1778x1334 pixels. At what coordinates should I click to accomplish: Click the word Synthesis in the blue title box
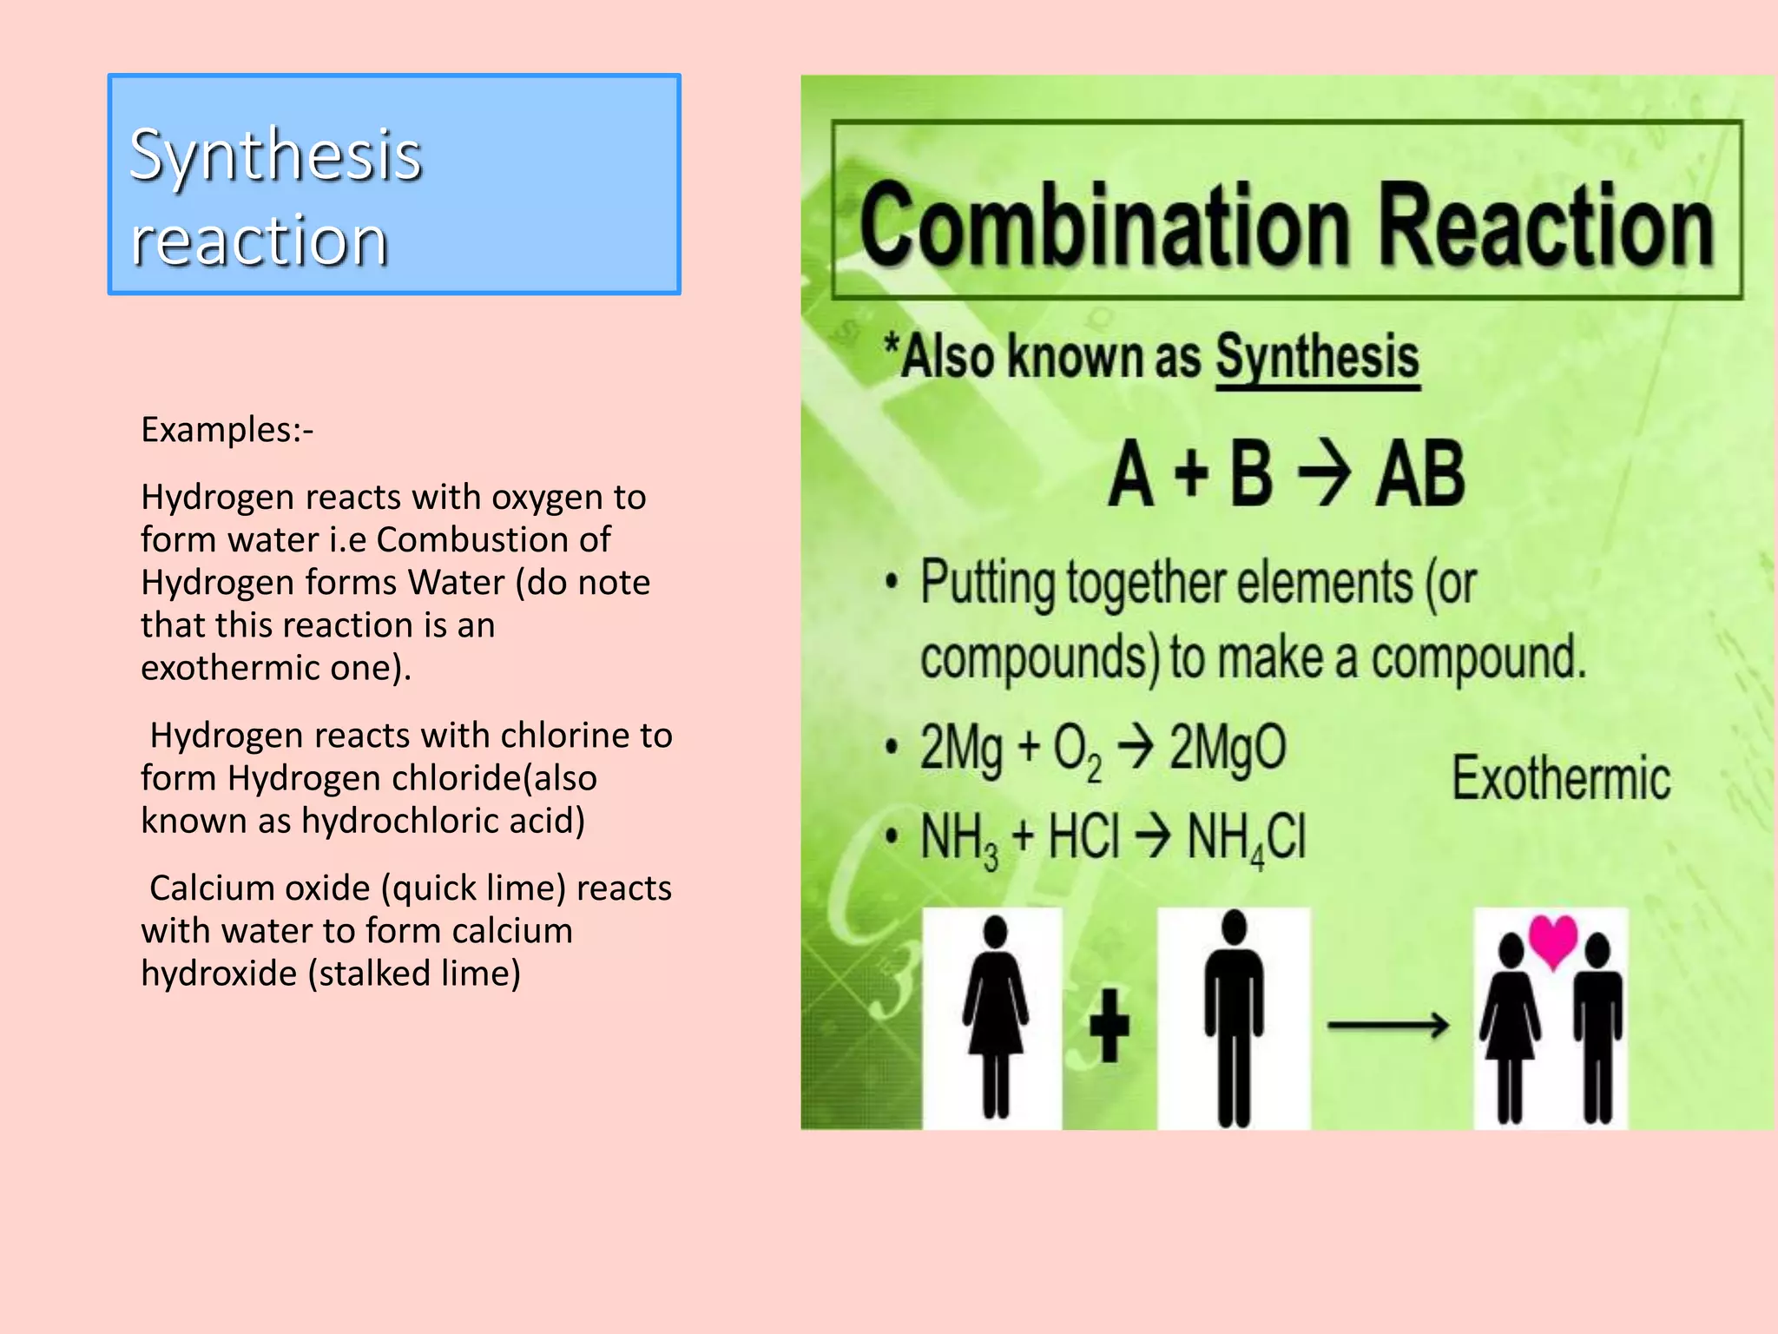(x=275, y=156)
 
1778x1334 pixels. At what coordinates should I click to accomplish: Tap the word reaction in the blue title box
(x=259, y=241)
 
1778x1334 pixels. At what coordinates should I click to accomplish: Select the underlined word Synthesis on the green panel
(x=1316, y=357)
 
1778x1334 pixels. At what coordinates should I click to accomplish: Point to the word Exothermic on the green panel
(x=1561, y=778)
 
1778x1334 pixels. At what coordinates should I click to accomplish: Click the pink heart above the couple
(x=1552, y=941)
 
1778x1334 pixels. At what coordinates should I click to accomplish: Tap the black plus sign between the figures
(x=1109, y=1026)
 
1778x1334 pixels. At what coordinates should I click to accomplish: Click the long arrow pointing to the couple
(x=1387, y=1026)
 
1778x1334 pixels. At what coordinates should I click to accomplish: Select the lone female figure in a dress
(x=995, y=1016)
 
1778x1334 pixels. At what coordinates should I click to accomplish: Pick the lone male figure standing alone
(x=1233, y=1016)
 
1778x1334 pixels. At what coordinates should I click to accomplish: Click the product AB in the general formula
(x=1420, y=474)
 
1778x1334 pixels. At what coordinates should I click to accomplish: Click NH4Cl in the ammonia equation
(x=1246, y=837)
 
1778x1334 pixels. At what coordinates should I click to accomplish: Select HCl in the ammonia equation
(x=1083, y=837)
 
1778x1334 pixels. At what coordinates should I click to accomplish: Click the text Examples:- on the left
(x=227, y=430)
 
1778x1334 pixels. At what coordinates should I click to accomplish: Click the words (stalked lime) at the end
(x=414, y=974)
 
